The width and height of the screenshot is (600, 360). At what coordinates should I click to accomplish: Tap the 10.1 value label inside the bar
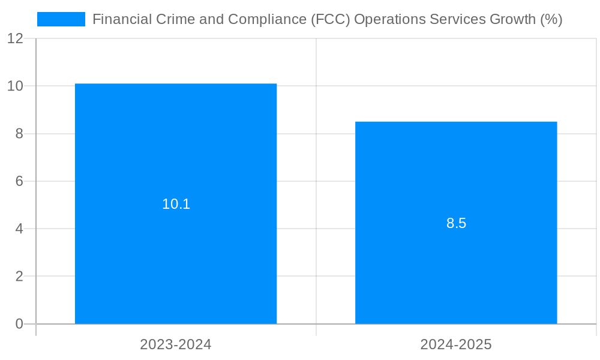[176, 204]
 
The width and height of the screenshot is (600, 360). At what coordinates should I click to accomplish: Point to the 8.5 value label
[456, 223]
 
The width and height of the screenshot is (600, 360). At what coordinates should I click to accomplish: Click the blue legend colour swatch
[61, 19]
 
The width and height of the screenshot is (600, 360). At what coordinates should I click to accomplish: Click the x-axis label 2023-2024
[176, 344]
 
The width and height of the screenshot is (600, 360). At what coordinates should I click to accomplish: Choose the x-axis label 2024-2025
[456, 344]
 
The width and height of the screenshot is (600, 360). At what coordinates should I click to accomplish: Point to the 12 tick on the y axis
[16, 38]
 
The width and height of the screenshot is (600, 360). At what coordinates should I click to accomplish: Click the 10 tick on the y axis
[16, 86]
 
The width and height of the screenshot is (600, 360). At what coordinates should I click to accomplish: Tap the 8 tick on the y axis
[19, 134]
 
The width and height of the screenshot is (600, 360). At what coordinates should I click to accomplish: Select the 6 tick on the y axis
[19, 181]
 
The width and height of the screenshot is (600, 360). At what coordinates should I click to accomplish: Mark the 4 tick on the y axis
[19, 229]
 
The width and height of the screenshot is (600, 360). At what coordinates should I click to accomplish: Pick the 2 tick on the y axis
[19, 276]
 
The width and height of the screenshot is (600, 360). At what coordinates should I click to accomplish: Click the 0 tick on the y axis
[19, 324]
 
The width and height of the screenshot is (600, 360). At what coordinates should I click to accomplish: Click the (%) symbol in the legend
[551, 19]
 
